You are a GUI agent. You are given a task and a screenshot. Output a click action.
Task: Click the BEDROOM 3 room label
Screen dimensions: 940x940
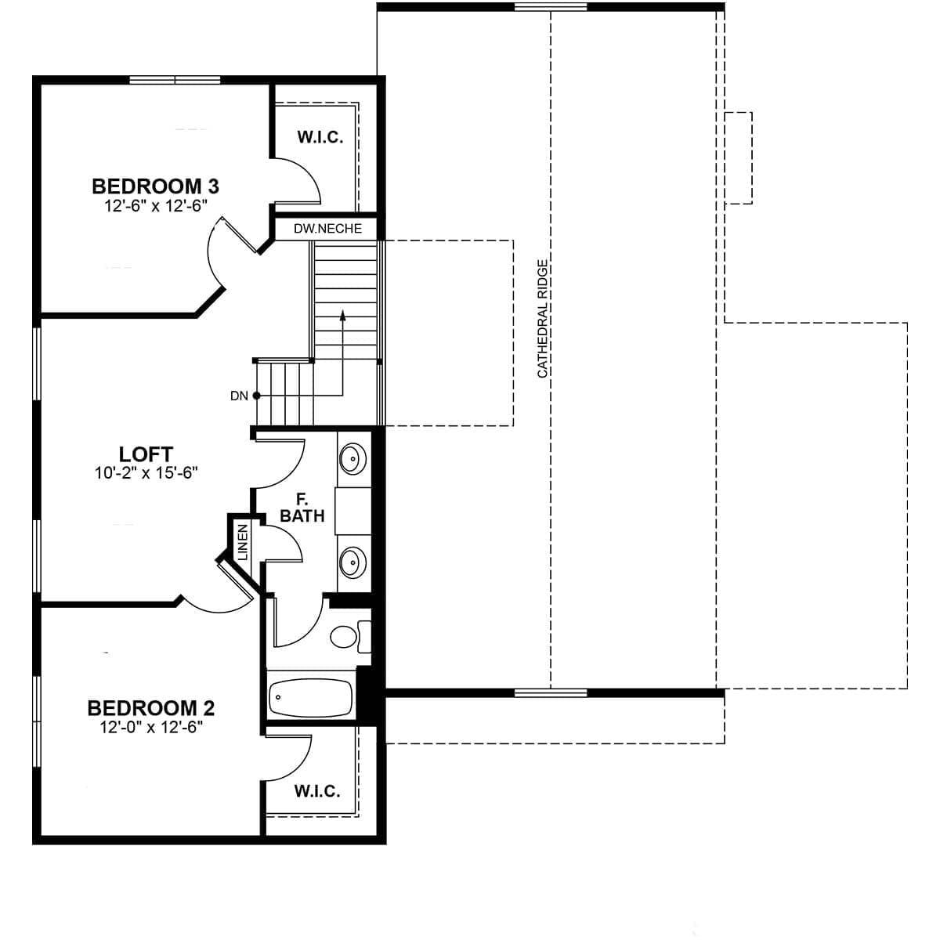(155, 186)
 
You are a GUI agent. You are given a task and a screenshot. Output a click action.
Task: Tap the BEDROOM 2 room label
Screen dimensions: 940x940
(151, 708)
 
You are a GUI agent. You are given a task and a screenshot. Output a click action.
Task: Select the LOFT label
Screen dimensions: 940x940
(146, 454)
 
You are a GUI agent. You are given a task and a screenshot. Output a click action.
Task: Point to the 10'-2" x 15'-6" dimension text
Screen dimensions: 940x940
(146, 472)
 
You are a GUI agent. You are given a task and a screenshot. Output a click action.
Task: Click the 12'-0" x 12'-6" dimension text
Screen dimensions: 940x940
(151, 727)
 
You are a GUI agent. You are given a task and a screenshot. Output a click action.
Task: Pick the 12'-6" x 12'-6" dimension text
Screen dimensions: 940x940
(155, 205)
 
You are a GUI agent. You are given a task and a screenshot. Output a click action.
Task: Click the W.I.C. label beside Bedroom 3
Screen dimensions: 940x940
(320, 137)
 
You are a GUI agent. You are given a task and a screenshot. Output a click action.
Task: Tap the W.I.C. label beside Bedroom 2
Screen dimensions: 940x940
(317, 790)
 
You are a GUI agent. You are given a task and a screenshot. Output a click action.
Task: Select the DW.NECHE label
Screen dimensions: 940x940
(327, 229)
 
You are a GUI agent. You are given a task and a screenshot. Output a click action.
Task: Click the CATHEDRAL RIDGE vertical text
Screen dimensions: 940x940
(542, 319)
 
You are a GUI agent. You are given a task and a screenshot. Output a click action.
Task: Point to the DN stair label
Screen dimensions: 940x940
(239, 396)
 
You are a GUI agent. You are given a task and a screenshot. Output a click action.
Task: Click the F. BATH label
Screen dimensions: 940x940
(302, 508)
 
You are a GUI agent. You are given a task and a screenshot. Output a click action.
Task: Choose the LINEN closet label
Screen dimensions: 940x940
(242, 541)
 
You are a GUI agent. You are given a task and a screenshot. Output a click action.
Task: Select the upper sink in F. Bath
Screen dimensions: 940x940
(352, 456)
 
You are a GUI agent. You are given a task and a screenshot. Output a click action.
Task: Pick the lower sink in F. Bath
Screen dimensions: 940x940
(352, 561)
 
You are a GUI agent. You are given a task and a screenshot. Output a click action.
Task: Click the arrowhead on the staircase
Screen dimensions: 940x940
(342, 316)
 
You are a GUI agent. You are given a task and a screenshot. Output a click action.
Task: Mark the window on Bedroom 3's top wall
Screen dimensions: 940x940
(175, 79)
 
